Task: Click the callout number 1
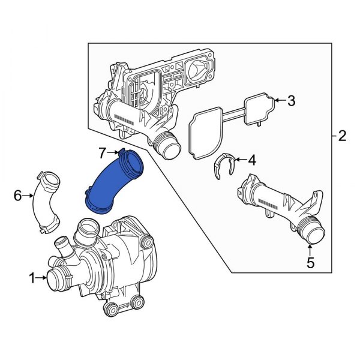[31, 277]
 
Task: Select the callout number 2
[341, 136]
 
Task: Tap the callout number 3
[291, 101]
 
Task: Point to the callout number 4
[251, 160]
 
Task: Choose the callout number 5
[310, 262]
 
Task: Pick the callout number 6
[17, 195]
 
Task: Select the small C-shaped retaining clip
[223, 166]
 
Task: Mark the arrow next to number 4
[240, 160]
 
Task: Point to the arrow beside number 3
[280, 101]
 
